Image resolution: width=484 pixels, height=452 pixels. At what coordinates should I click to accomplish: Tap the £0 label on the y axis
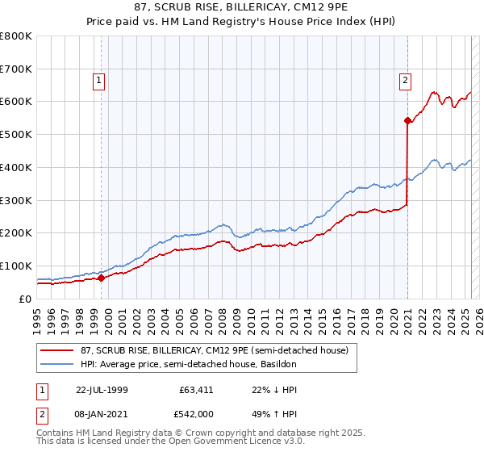tap(26, 299)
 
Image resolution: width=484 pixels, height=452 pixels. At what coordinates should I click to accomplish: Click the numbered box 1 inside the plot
tap(98, 80)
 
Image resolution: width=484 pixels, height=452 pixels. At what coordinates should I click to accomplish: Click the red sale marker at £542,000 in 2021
tap(407, 121)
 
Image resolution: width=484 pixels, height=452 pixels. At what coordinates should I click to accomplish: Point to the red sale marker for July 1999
tap(102, 278)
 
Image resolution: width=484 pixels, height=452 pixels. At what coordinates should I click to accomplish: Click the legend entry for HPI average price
tap(189, 365)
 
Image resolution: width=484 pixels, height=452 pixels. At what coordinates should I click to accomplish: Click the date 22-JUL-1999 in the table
tap(102, 389)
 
